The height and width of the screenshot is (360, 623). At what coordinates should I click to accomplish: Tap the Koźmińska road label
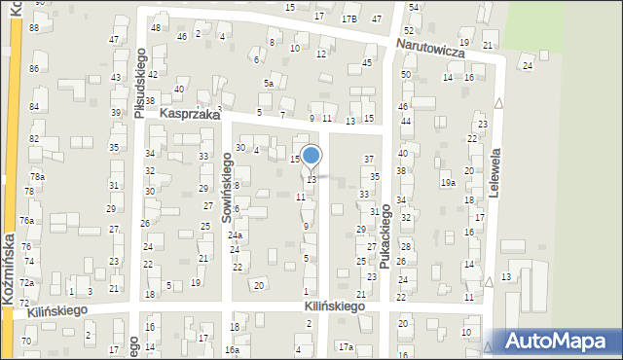click(8, 270)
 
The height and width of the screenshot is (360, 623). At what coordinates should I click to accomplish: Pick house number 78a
click(36, 176)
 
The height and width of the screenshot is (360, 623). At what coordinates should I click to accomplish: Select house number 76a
click(27, 221)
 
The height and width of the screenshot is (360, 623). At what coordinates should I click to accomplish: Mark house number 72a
click(27, 282)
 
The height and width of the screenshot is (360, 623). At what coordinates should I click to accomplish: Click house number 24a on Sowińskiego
click(235, 235)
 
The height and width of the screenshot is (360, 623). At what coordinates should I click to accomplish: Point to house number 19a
click(447, 182)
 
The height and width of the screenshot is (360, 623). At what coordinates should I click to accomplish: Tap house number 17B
click(348, 18)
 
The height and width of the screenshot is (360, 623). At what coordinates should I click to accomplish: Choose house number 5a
click(268, 84)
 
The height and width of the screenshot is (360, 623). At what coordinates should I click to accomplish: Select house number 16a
click(232, 349)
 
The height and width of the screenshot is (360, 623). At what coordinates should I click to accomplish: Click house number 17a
click(345, 346)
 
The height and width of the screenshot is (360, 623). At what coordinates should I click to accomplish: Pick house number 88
click(34, 27)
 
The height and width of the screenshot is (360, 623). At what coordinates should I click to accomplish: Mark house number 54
click(412, 7)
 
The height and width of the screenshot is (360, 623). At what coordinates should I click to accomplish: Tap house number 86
click(34, 68)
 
